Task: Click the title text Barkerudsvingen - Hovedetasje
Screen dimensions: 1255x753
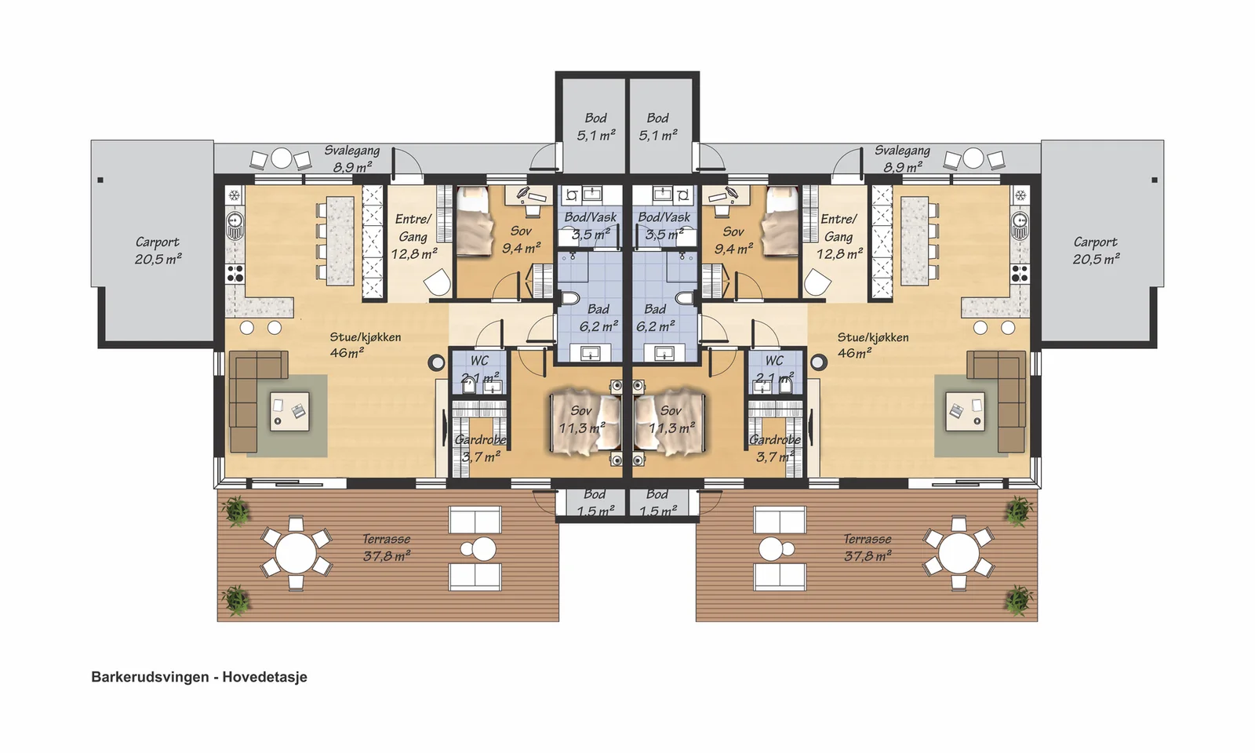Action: pos(199,677)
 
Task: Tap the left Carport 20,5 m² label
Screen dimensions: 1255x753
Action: pos(158,250)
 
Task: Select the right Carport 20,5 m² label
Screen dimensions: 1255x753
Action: pos(1097,250)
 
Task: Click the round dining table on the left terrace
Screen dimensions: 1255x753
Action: pos(296,552)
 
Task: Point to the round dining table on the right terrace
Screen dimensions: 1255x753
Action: pos(959,552)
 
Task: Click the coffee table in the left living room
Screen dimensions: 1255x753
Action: pos(289,411)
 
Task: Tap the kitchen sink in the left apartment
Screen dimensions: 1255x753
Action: pos(235,226)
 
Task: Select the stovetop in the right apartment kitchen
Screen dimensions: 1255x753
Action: pos(1020,274)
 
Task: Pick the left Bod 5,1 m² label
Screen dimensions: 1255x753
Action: pos(596,126)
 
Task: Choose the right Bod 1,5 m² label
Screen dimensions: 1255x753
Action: pos(658,503)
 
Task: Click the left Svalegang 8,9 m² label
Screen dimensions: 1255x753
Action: pos(352,158)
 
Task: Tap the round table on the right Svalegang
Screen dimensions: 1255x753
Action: pos(973,158)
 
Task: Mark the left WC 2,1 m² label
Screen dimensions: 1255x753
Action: pos(480,369)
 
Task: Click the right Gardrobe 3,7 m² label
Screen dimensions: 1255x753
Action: pos(776,448)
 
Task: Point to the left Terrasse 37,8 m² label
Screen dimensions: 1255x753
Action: pos(387,547)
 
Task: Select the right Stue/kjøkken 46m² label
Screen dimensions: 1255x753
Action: pos(873,345)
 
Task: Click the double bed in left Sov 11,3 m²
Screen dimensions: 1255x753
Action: pos(585,421)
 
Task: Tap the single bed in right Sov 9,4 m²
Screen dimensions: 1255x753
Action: pos(779,221)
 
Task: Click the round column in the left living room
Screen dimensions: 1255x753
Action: pos(436,362)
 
